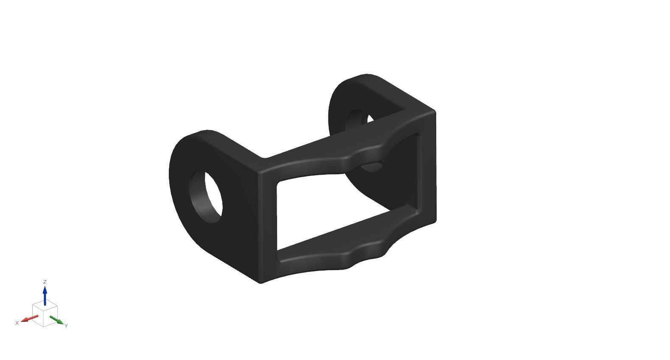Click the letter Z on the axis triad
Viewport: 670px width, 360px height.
45,282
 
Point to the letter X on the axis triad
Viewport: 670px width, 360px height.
17,323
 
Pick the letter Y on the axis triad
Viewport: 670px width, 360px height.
66,326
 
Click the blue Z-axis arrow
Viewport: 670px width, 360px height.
45,295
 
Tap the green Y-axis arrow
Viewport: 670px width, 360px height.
56,320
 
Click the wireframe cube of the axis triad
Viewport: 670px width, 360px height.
45,314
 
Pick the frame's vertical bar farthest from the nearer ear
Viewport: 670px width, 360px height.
427,170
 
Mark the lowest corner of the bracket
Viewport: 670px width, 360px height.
261,282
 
